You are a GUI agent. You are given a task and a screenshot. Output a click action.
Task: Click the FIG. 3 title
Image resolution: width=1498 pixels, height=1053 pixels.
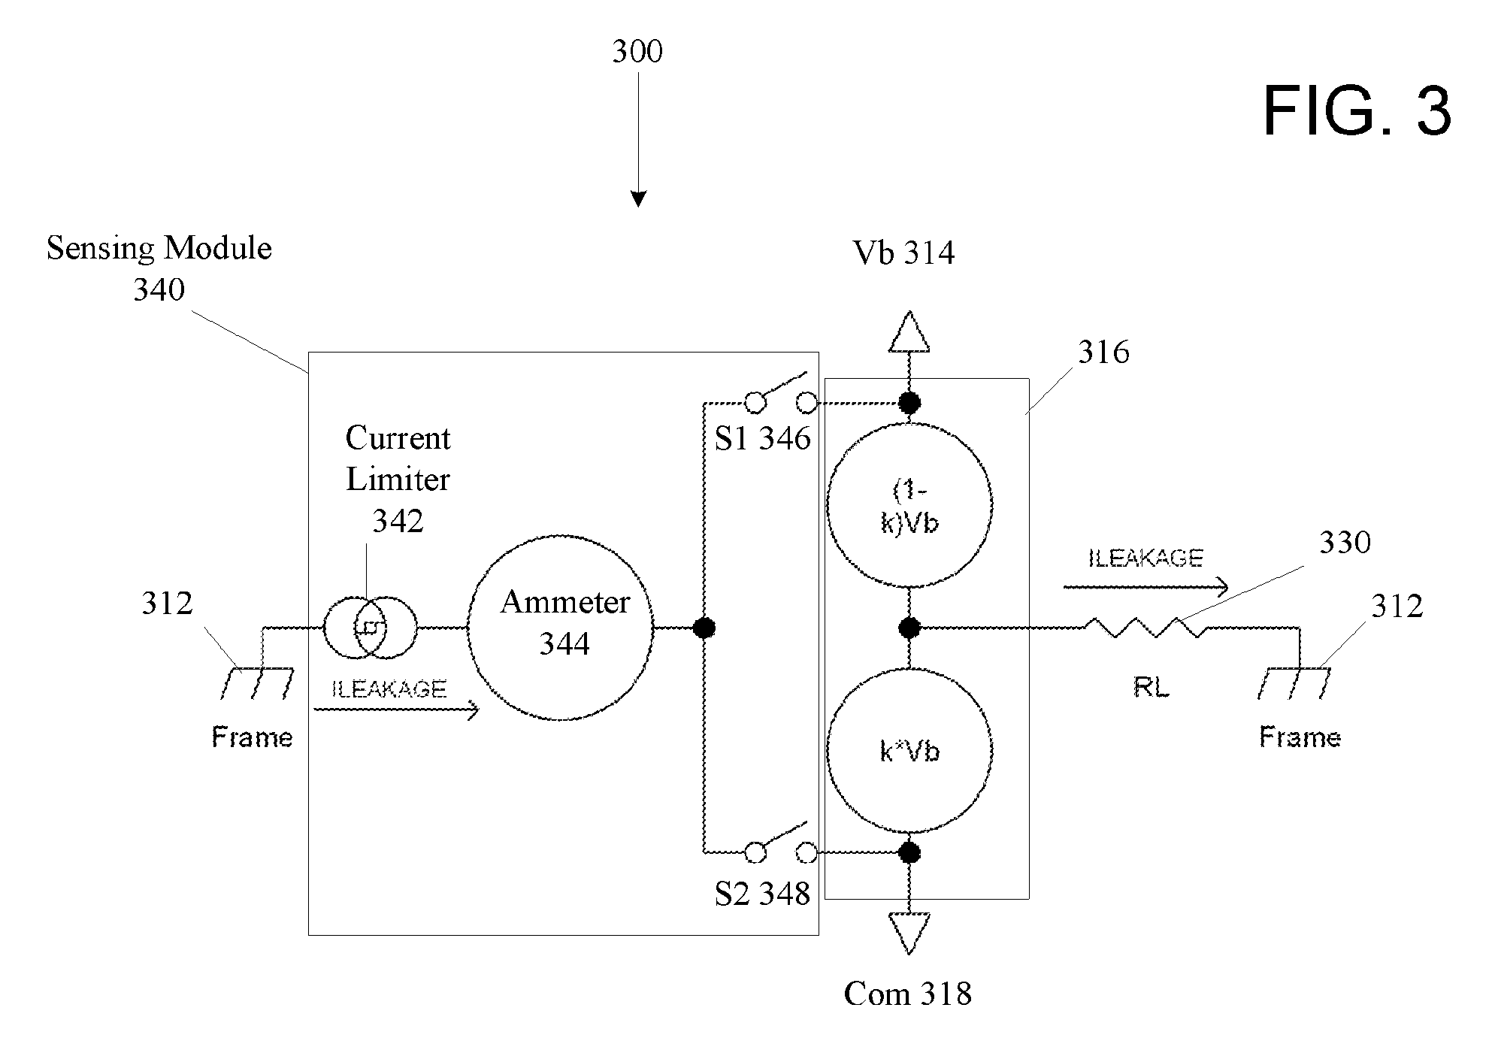[1357, 111]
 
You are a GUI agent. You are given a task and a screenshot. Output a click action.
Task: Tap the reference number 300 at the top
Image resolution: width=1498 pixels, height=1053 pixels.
[637, 51]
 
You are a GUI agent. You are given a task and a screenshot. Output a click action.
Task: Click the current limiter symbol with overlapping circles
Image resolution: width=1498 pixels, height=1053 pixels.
[370, 627]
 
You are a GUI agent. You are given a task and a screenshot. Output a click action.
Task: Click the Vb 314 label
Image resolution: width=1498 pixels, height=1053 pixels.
[903, 253]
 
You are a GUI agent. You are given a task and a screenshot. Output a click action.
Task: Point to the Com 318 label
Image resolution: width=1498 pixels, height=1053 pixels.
[907, 994]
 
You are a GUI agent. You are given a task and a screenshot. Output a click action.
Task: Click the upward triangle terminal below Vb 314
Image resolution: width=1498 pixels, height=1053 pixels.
[909, 331]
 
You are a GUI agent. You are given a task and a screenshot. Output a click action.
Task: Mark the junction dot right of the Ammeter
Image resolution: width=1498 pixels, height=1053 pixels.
[704, 628]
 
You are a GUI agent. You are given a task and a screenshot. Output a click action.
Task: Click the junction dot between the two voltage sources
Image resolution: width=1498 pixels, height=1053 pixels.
[909, 628]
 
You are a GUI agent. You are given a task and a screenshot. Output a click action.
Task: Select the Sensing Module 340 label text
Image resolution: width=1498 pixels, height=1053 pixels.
[159, 268]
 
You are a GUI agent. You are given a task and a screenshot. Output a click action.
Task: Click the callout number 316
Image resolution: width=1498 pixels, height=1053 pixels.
[1103, 352]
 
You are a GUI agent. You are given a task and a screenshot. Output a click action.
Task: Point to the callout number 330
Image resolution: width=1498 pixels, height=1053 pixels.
[1345, 542]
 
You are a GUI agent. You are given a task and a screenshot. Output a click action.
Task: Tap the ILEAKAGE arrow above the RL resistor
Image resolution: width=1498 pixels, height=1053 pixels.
[1145, 587]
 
